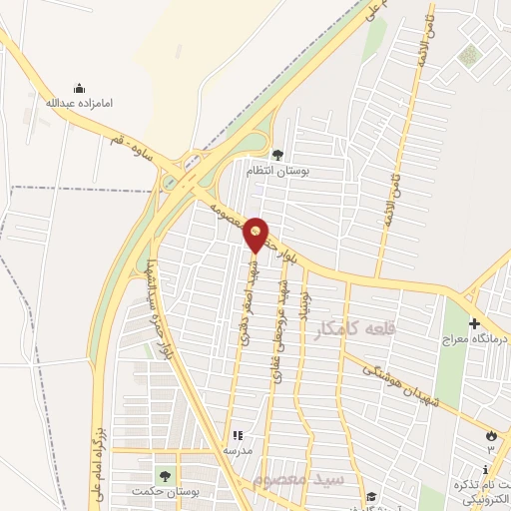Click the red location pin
pyautogui.click(x=255, y=235)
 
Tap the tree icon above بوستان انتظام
pyautogui.click(x=276, y=155)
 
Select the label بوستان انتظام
pyautogui.click(x=278, y=172)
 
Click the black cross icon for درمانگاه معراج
pyautogui.click(x=474, y=323)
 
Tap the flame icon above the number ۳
pyautogui.click(x=490, y=434)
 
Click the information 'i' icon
pyautogui.click(x=485, y=469)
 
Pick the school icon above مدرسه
pyautogui.click(x=238, y=435)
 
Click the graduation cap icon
pyautogui.click(x=369, y=497)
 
